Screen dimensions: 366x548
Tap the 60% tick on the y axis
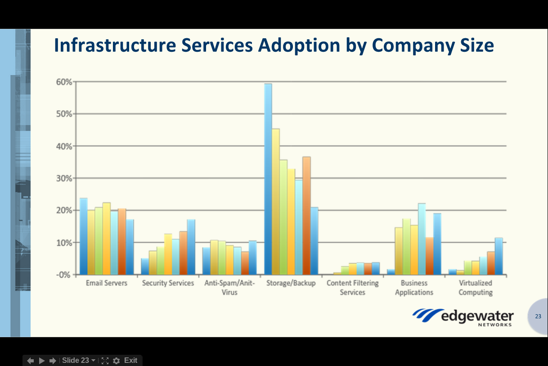click(x=64, y=82)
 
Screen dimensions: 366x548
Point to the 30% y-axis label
click(x=64, y=178)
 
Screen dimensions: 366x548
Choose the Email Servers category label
click(x=107, y=283)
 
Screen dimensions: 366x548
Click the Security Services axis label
click(x=168, y=283)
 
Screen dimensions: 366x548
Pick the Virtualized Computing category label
click(x=476, y=288)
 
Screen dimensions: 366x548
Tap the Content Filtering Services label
click(x=353, y=288)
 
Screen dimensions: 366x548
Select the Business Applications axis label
click(x=414, y=288)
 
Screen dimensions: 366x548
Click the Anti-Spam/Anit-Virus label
click(x=229, y=288)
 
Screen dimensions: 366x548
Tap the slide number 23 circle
click(x=538, y=316)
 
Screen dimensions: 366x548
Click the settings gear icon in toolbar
click(x=117, y=361)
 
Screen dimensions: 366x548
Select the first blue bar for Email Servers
click(x=84, y=236)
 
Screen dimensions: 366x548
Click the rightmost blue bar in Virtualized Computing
click(x=499, y=256)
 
